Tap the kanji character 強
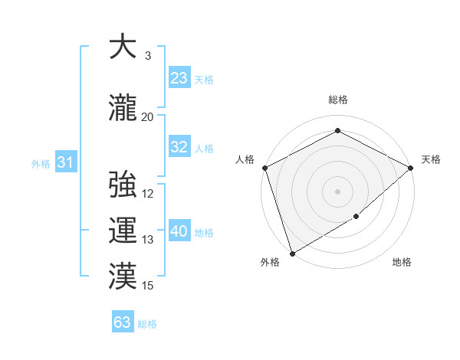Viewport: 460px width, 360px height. coord(123,185)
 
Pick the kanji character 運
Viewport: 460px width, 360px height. coord(123,230)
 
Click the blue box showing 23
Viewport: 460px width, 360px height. coord(179,78)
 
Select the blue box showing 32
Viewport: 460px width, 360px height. coord(179,147)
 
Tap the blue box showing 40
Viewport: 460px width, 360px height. coord(179,231)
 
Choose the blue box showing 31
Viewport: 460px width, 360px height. coord(65,162)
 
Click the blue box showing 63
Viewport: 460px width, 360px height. coord(122,322)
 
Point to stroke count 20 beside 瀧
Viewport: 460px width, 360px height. coord(147,116)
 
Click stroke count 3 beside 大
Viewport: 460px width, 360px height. coord(147,57)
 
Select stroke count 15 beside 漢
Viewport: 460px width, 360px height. coord(148,286)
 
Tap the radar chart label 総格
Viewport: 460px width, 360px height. coord(337,100)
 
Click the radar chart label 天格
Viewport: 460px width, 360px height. coord(431,159)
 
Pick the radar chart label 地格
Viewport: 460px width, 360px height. coord(402,263)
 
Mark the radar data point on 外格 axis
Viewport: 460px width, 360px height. coord(291,253)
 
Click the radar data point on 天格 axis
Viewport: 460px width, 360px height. coord(411,168)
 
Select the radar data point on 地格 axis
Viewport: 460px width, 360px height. coord(356,217)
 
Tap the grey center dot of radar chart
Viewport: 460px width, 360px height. coord(337,191)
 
